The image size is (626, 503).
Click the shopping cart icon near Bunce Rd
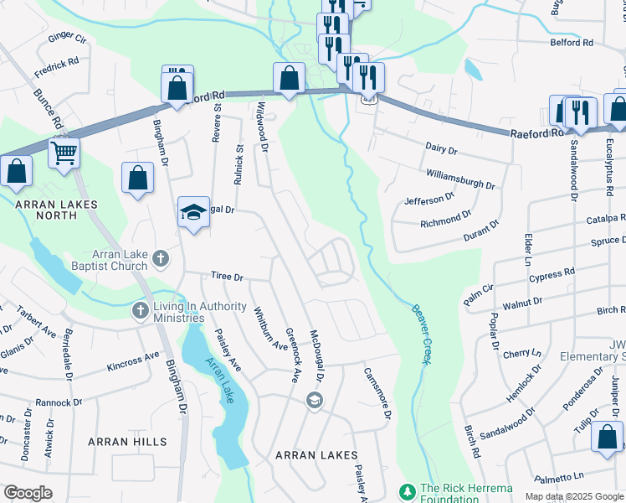[x=64, y=153]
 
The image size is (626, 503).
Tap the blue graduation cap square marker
[x=192, y=212]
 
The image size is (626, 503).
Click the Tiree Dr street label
[x=226, y=276]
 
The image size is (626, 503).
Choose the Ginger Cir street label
[x=67, y=38]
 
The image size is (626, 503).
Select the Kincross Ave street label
[x=133, y=361]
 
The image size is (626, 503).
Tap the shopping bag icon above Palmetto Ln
[x=607, y=437]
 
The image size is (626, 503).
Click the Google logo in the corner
[x=28, y=493]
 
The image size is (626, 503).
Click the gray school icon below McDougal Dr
[x=314, y=400]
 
